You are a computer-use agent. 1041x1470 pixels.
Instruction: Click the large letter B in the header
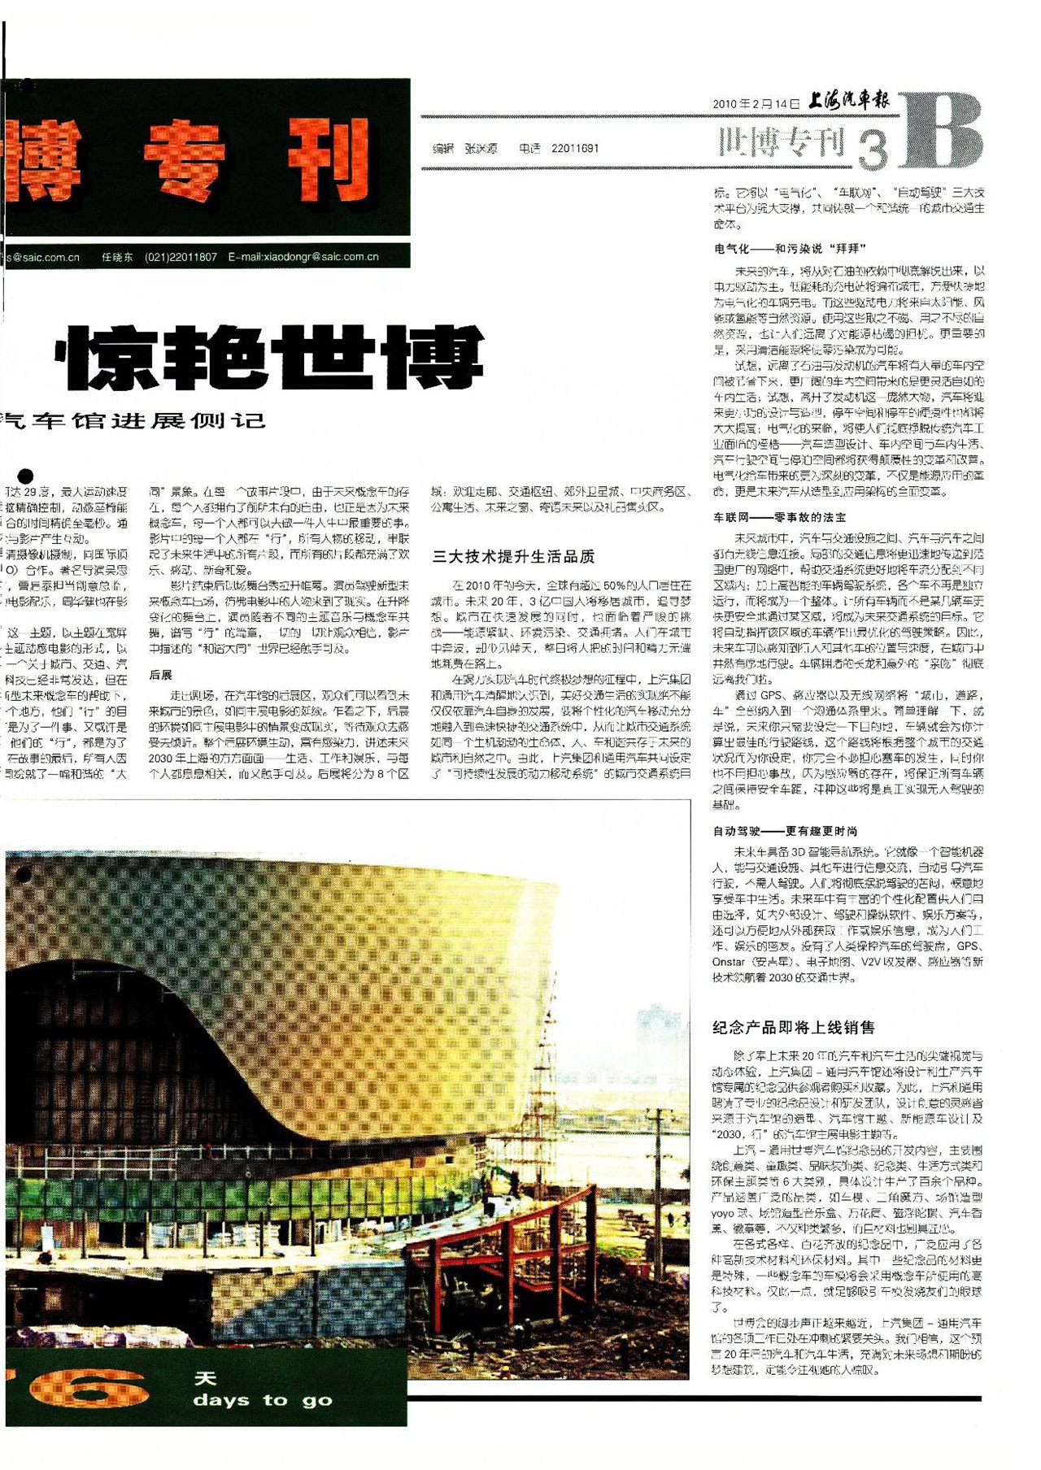(942, 131)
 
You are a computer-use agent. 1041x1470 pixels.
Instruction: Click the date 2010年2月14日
(756, 104)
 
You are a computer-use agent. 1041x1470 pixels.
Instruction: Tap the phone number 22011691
(574, 149)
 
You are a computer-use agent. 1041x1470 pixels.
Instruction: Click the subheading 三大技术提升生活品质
(513, 557)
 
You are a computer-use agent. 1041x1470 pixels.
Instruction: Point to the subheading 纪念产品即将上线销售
(793, 1028)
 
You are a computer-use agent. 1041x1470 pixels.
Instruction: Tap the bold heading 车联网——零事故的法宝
(779, 517)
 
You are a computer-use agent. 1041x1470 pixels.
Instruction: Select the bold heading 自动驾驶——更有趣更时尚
(785, 831)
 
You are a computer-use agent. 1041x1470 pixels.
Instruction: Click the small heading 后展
(160, 675)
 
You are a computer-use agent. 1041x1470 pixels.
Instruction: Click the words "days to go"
(263, 1400)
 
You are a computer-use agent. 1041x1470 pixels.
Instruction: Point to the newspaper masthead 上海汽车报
(848, 101)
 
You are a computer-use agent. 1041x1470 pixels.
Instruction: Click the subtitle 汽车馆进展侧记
(134, 421)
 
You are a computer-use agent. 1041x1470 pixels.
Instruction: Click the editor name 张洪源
(481, 149)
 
